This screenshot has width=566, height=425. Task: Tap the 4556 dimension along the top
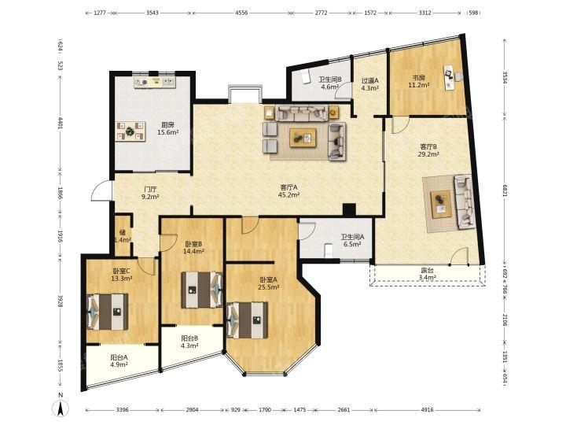click(x=241, y=13)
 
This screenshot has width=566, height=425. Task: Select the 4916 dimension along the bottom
click(x=428, y=410)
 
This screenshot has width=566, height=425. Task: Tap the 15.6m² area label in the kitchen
click(x=168, y=132)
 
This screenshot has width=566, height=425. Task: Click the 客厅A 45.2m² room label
click(x=289, y=191)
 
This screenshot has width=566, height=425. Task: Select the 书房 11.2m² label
click(x=419, y=81)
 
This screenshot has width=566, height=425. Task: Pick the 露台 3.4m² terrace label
click(x=428, y=274)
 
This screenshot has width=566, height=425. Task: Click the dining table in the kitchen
click(x=130, y=131)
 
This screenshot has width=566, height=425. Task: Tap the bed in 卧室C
click(x=108, y=312)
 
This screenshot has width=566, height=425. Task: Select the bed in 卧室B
click(x=202, y=290)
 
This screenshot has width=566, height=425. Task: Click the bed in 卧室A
click(x=248, y=320)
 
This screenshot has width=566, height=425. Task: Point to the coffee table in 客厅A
click(x=303, y=138)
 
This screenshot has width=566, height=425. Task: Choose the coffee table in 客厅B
click(x=441, y=205)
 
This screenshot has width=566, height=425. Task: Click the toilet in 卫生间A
click(x=328, y=251)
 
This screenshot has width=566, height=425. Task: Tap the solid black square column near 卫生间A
click(x=349, y=210)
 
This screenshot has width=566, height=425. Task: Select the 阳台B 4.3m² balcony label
click(x=190, y=342)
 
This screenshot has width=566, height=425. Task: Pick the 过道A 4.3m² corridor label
click(x=370, y=84)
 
